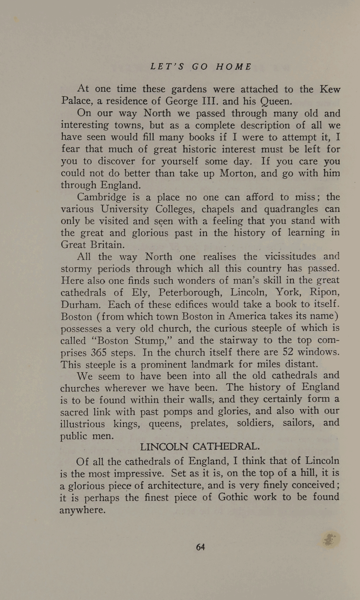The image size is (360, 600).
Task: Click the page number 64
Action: pyautogui.click(x=200, y=547)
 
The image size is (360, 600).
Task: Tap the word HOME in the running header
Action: pyautogui.click(x=234, y=67)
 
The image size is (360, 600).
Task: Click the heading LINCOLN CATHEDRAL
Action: pyautogui.click(x=200, y=447)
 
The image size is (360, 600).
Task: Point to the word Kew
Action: pyautogui.click(x=330, y=89)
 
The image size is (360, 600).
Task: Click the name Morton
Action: pyautogui.click(x=238, y=173)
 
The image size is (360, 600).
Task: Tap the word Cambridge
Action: pyautogui.click(x=101, y=197)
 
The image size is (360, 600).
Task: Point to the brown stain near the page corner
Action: pyautogui.click(x=330, y=540)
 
